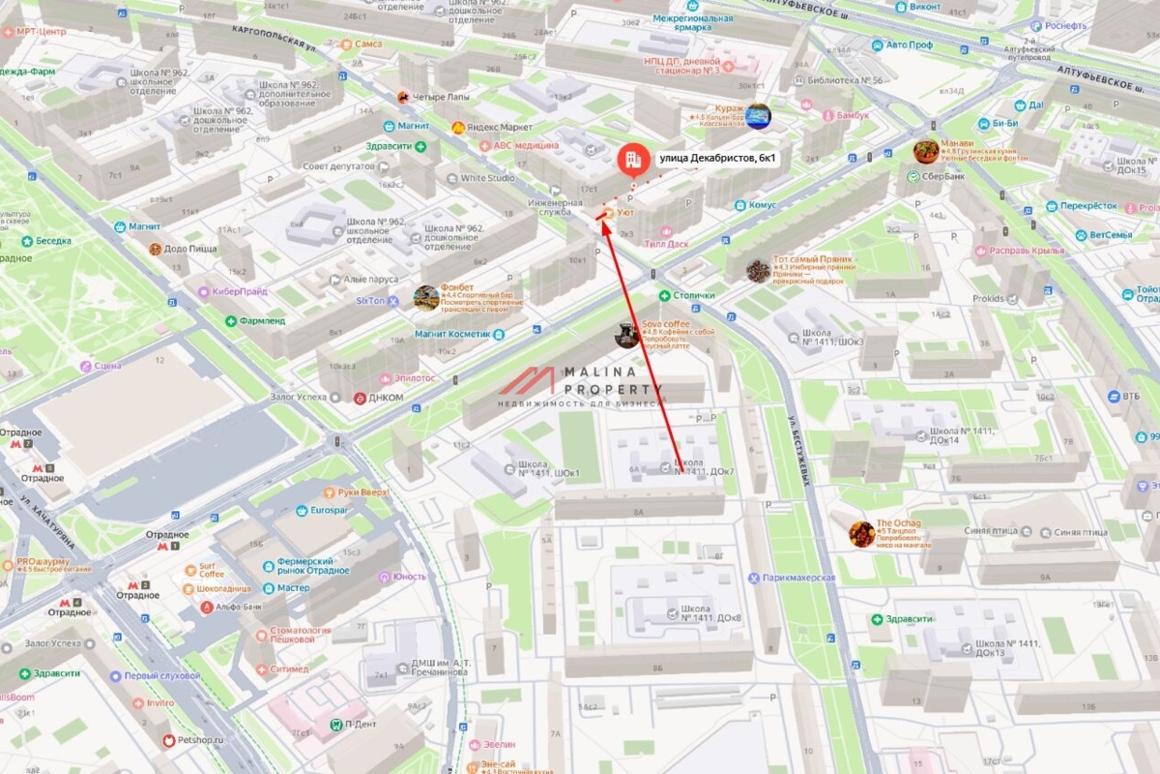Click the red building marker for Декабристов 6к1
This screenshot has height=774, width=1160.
pos(632,160)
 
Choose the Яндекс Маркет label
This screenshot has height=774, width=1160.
pos(499,128)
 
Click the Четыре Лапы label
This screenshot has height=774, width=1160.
pos(440,97)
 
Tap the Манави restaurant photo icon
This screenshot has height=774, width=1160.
pos(926,152)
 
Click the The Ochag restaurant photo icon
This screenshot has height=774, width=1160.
pos(861,533)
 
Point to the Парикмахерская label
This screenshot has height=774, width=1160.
pos(797,578)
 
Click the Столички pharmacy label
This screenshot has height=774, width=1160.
pos(693,295)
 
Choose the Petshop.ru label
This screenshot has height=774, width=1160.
pos(200,740)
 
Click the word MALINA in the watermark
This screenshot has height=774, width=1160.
pos(598,372)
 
